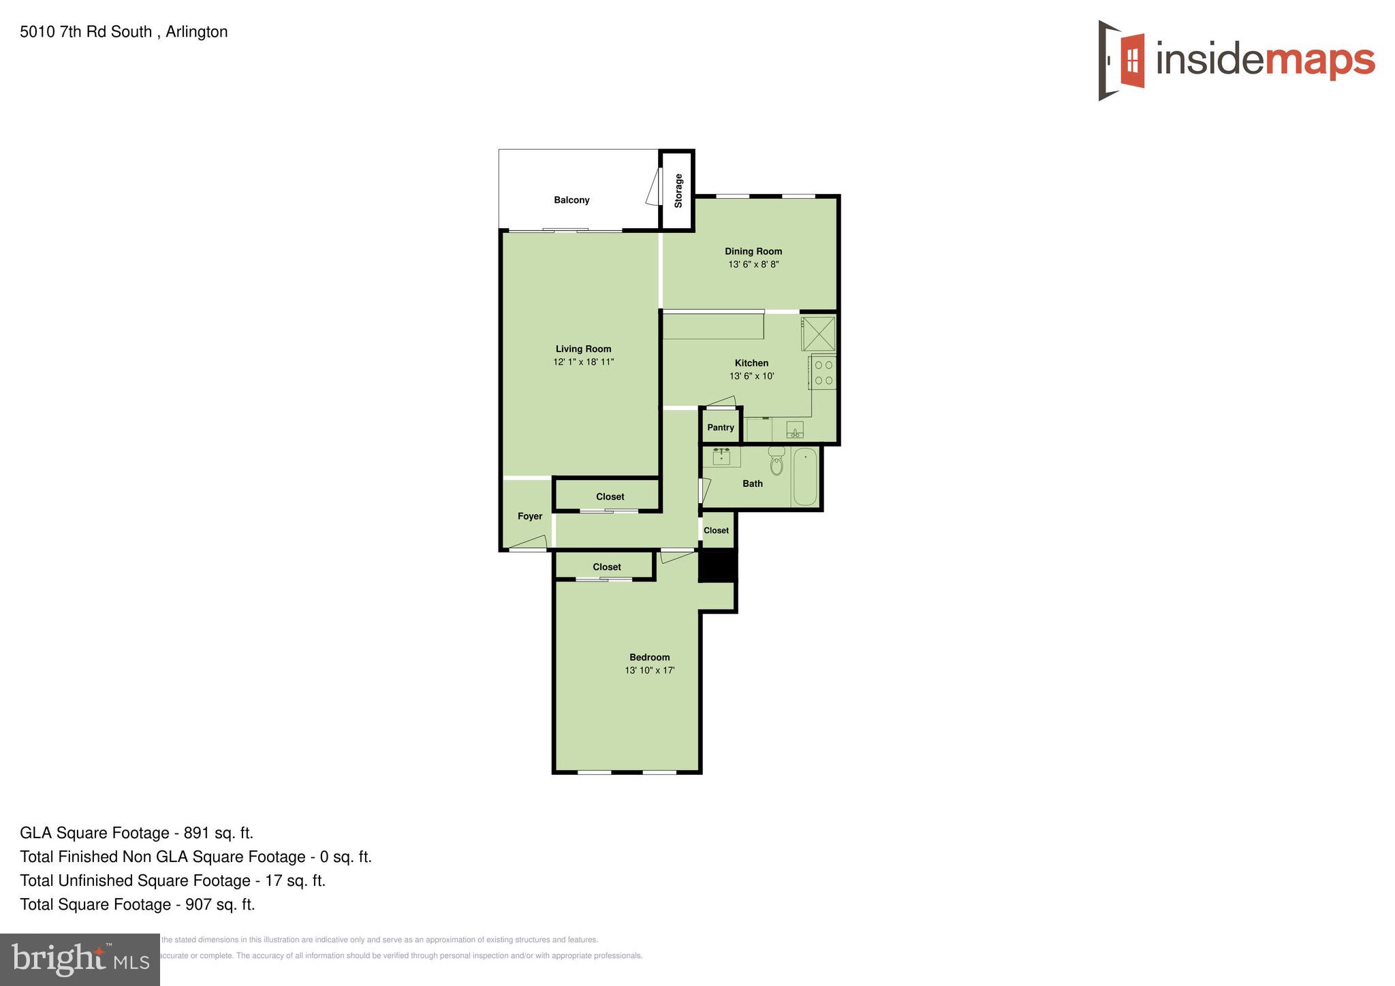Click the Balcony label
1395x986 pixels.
(x=571, y=200)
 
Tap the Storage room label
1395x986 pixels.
(x=678, y=191)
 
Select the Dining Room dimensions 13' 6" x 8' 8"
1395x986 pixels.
(x=753, y=264)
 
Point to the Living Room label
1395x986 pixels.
(x=583, y=349)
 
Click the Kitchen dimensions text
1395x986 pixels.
(x=752, y=376)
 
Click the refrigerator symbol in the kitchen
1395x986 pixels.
(x=818, y=334)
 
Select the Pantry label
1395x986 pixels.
(x=721, y=428)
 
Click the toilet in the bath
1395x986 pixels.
(x=777, y=462)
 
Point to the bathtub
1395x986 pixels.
(x=805, y=477)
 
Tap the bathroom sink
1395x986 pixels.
(x=721, y=456)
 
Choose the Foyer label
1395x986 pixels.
(x=530, y=516)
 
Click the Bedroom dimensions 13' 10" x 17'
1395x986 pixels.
(x=650, y=671)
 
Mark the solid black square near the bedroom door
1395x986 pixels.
(x=718, y=565)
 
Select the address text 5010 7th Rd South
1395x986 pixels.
(x=86, y=32)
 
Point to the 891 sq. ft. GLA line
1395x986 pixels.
(x=136, y=833)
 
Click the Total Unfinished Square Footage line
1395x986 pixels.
(x=173, y=880)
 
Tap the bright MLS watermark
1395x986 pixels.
(x=80, y=959)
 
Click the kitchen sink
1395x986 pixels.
(x=795, y=430)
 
